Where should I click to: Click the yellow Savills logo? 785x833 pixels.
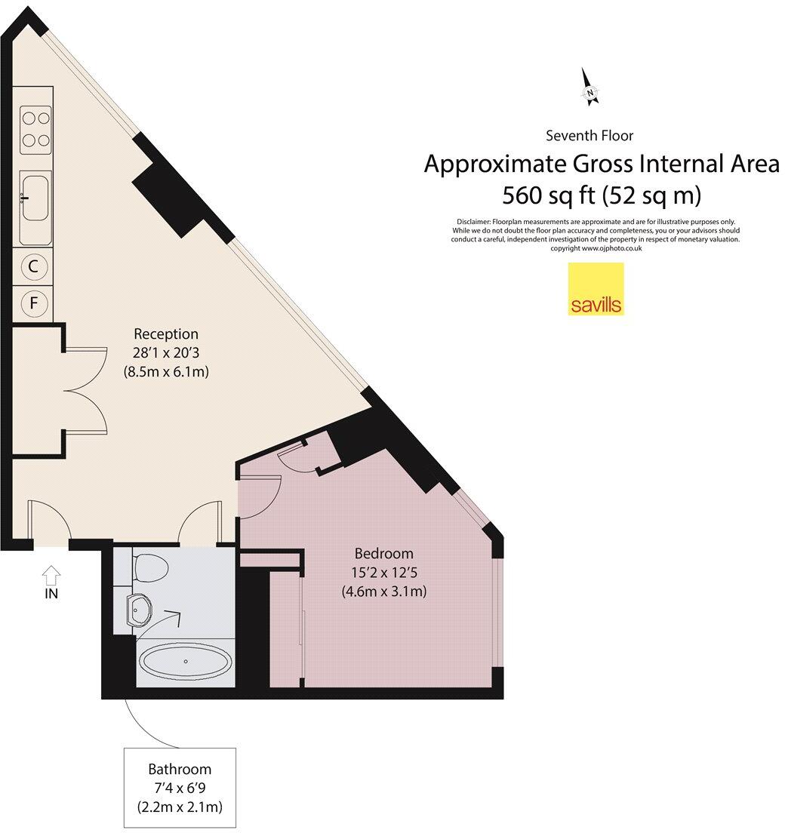tap(596, 288)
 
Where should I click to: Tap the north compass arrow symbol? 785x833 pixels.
tap(590, 86)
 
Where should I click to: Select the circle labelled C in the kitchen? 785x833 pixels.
tap(33, 266)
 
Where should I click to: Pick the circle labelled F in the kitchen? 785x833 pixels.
tap(33, 303)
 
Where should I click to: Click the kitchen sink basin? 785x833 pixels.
tap(35, 198)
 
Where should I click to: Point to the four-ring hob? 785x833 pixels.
tap(35, 129)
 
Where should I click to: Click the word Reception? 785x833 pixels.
tap(166, 334)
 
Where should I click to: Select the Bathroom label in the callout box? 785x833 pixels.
tap(180, 770)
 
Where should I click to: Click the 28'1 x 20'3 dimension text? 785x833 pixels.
tap(166, 352)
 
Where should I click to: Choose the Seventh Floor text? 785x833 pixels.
tap(590, 136)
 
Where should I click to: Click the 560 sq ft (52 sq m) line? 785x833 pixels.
tap(602, 195)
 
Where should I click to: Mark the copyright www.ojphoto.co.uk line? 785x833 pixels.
tap(596, 248)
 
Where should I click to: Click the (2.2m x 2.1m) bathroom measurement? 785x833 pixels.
tap(180, 807)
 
